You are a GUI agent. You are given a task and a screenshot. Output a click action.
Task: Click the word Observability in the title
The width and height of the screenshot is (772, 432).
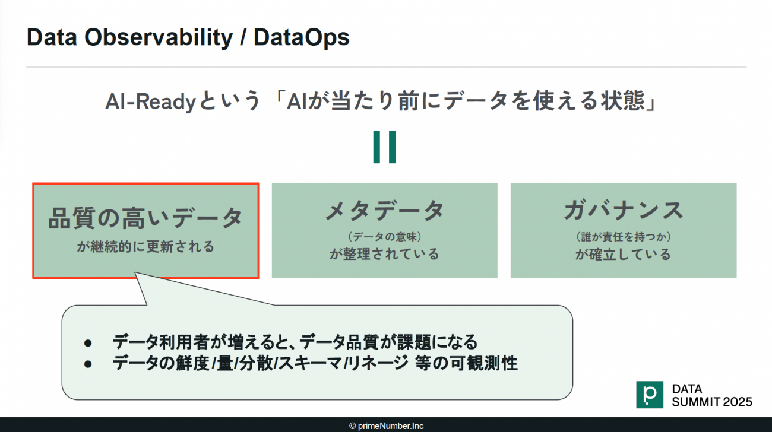159,37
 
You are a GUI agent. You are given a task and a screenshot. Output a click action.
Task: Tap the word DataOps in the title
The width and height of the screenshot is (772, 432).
302,38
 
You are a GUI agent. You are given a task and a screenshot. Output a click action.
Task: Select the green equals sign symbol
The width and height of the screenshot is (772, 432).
384,147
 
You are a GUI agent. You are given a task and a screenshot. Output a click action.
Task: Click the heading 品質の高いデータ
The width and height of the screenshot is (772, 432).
145,218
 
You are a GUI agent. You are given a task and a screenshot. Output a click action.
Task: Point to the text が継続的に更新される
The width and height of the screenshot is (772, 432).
145,247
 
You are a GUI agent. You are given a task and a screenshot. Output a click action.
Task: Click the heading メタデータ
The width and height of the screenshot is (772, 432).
385,211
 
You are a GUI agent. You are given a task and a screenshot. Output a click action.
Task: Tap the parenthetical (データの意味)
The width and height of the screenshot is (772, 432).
385,237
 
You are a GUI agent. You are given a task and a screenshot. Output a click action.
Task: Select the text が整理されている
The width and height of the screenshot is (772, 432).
385,254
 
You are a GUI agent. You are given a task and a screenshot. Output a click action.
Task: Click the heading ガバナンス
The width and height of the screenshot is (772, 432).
624,211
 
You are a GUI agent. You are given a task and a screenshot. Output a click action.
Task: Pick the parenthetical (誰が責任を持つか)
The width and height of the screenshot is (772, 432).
624,237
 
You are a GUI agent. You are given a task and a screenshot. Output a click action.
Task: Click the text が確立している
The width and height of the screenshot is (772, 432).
624,255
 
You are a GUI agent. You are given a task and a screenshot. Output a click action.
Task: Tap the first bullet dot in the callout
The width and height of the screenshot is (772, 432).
88,343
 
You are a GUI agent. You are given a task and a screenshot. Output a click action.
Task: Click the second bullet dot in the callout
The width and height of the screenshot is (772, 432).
88,364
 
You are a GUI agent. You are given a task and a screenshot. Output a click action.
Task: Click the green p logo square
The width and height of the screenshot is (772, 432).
650,395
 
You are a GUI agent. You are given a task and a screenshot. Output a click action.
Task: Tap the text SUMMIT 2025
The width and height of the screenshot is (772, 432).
712,402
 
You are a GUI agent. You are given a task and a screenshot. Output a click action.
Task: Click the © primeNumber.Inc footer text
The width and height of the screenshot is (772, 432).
387,426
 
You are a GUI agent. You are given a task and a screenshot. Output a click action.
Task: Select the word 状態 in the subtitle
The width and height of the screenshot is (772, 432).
623,101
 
